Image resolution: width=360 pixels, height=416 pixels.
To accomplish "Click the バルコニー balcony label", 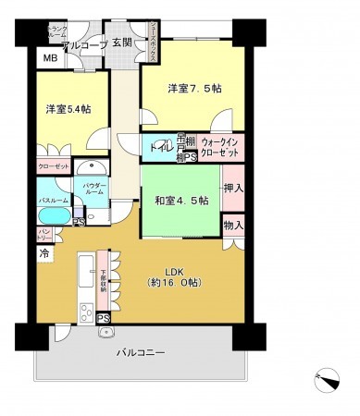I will point(141,353).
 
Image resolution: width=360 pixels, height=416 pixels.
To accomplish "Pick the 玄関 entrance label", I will point(123,43).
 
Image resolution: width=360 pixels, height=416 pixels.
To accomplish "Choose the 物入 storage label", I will point(233,224).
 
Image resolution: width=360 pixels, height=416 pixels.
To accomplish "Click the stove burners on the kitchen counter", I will point(85,308).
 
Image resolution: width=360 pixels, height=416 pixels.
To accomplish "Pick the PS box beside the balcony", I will point(103,320).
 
